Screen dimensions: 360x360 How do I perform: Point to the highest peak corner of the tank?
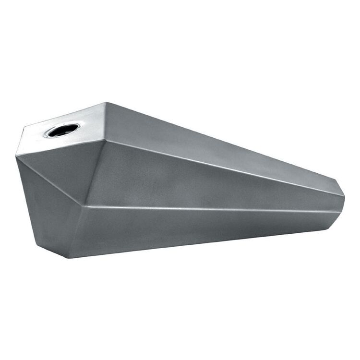point(106,102)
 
